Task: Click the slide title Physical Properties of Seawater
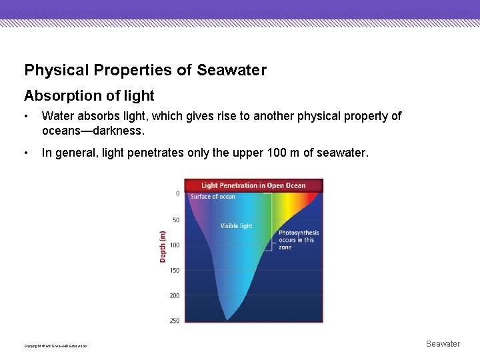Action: (x=145, y=70)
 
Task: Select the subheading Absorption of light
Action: (x=89, y=96)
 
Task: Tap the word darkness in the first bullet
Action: (x=117, y=131)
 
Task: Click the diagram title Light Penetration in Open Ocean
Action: (x=253, y=185)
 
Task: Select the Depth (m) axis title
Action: (x=163, y=246)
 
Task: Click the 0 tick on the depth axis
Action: (x=177, y=194)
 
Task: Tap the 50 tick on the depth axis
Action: (x=176, y=220)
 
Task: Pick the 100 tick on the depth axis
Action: (x=174, y=245)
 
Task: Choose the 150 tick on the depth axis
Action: (x=174, y=271)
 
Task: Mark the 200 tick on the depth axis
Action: (x=174, y=296)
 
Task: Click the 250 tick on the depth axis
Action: (x=174, y=321)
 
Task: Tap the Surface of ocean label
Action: (x=213, y=197)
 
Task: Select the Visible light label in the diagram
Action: (x=237, y=226)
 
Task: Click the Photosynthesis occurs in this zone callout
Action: (x=298, y=240)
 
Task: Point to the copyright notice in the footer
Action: (x=55, y=346)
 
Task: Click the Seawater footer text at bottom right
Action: (x=443, y=344)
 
